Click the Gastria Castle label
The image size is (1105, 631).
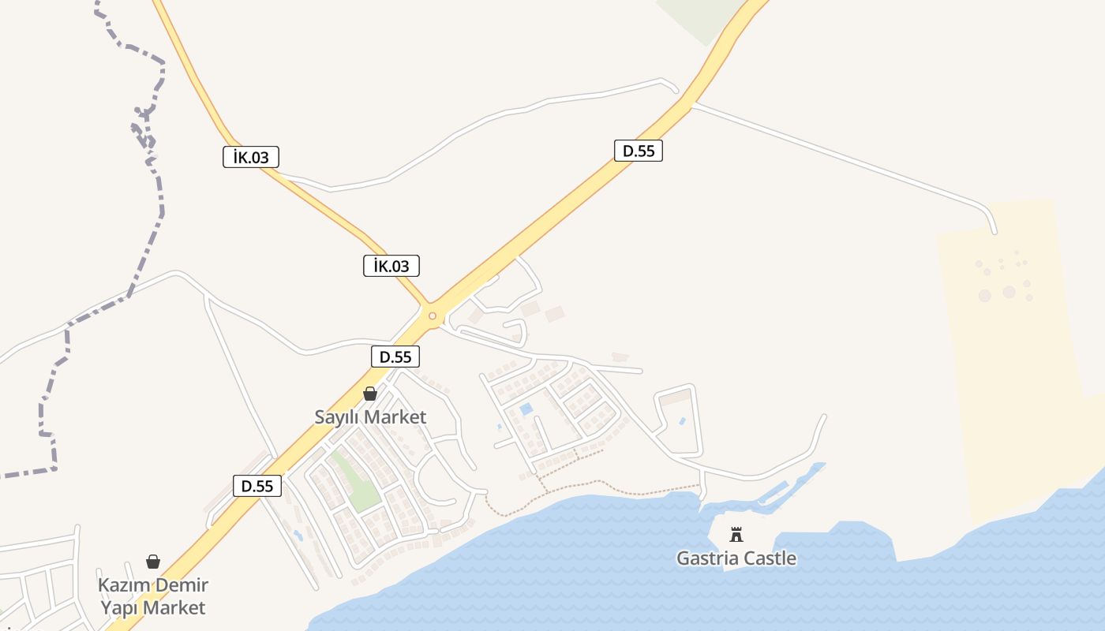pos(736,558)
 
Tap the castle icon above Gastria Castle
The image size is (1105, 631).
pos(736,535)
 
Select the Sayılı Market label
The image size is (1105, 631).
pos(370,416)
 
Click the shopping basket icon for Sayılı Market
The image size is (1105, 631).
pos(370,393)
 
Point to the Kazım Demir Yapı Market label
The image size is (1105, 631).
pos(152,596)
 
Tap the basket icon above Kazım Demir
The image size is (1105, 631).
pos(153,562)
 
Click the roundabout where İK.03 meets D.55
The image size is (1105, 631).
pos(433,316)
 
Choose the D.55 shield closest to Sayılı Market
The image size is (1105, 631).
pos(395,357)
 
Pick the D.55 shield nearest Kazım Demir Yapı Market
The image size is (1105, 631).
pos(258,486)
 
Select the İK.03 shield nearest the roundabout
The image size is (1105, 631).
pos(391,266)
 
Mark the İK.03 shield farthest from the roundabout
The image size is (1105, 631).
pos(251,157)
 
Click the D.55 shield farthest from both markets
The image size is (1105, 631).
pos(639,151)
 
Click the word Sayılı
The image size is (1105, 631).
pos(338,416)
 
